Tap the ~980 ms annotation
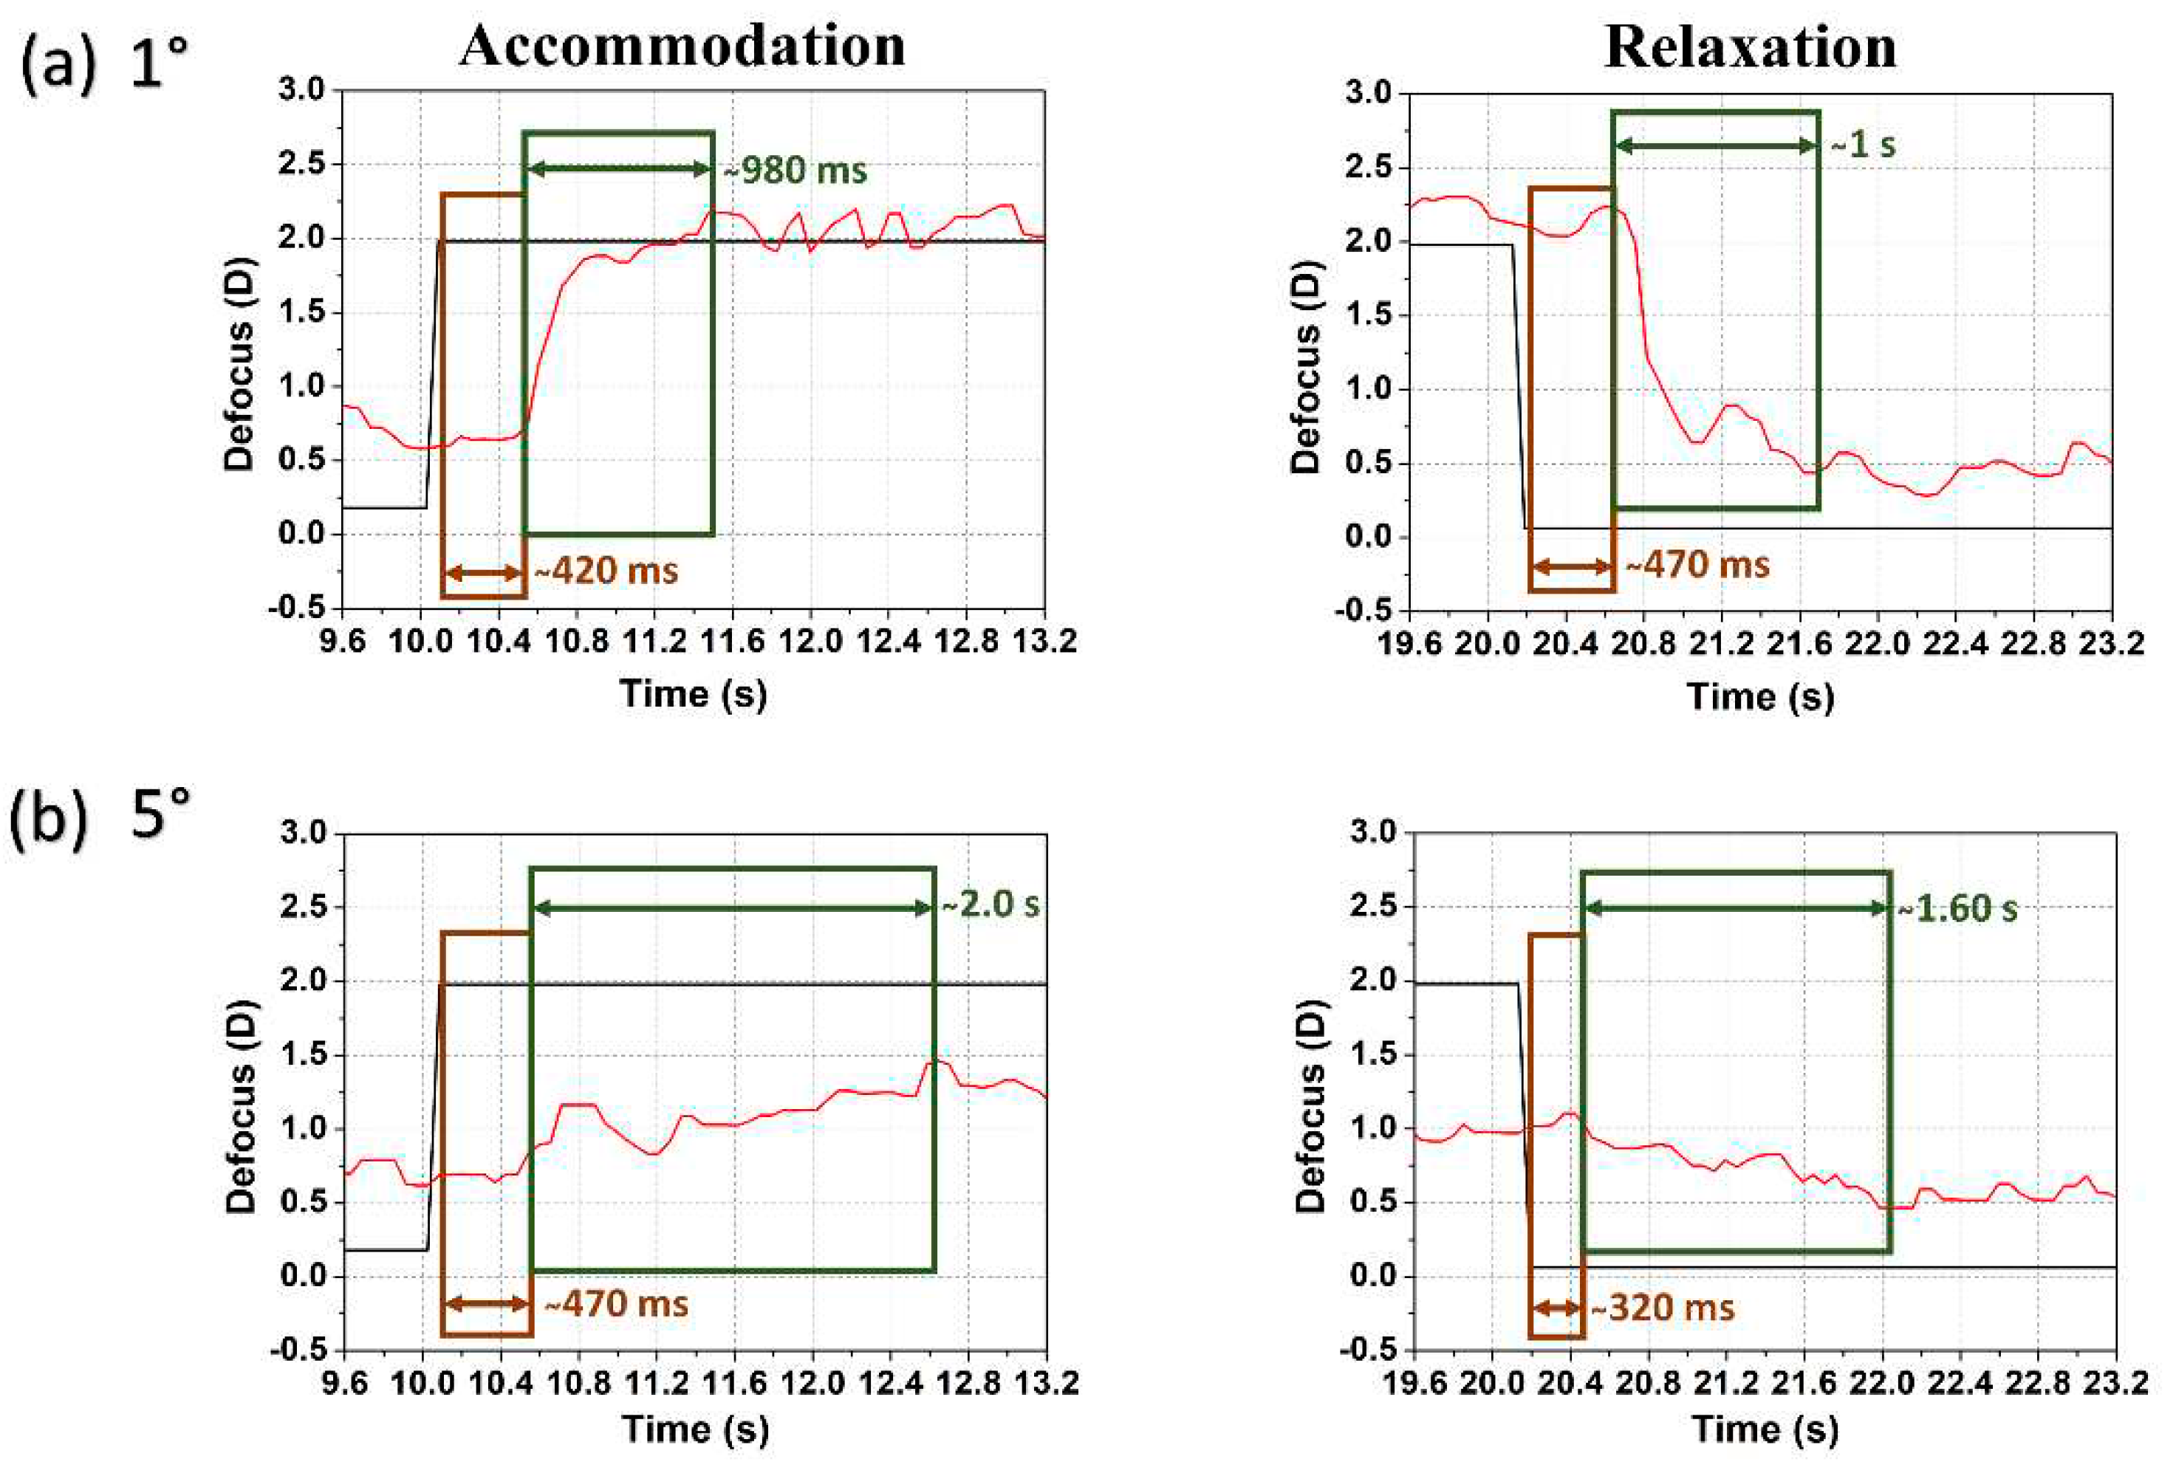(796, 171)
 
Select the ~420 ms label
(606, 571)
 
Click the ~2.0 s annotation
(991, 905)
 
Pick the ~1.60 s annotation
(1958, 909)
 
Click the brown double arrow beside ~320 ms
(1556, 1308)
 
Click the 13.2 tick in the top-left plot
(1045, 642)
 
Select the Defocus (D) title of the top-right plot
(1305, 365)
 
